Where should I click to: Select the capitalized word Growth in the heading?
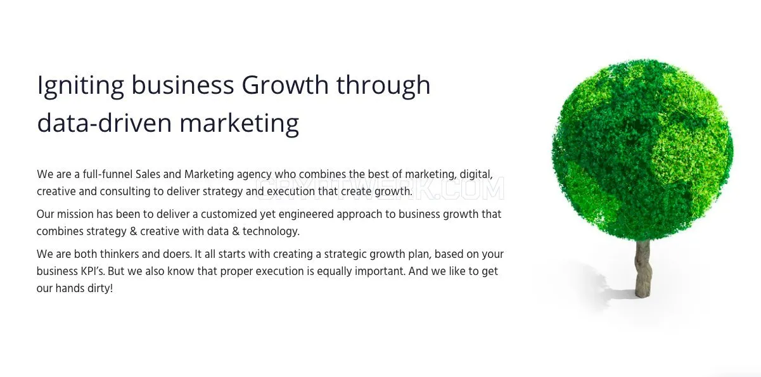(285, 84)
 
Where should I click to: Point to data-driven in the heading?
(105, 122)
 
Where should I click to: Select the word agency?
(254, 176)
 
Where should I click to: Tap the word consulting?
(125, 191)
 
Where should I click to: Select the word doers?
(177, 254)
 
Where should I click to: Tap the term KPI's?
(93, 271)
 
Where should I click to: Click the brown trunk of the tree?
(643, 268)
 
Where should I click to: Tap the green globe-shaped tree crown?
(642, 150)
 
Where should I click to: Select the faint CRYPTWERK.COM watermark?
(380, 188)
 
